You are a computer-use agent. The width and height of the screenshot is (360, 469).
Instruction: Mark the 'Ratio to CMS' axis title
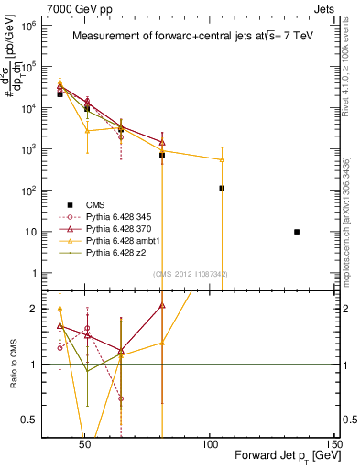coord(12,364)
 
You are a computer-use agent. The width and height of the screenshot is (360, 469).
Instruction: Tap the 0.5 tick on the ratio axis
coord(23,420)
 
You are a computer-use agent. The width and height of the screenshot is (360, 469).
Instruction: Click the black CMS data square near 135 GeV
coord(297,232)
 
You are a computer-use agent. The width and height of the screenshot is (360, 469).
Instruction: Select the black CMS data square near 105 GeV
coord(223,188)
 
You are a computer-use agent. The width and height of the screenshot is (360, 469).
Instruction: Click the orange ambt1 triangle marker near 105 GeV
coord(223,160)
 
